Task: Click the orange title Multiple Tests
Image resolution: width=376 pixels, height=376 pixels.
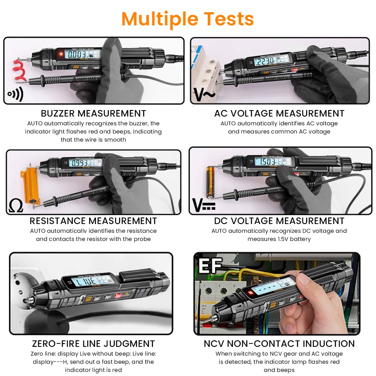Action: click(x=187, y=19)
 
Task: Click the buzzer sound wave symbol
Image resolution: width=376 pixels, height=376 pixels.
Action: click(x=15, y=94)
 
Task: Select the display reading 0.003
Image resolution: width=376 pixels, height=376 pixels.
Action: click(x=77, y=55)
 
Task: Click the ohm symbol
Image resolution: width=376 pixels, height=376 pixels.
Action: click(x=16, y=206)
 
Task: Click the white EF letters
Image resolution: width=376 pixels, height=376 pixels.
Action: click(x=210, y=266)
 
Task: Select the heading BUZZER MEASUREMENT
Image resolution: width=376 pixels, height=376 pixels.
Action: click(x=93, y=113)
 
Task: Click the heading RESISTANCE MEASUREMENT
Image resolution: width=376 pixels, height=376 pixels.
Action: click(x=93, y=221)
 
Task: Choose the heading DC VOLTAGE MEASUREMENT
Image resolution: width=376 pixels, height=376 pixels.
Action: click(x=279, y=221)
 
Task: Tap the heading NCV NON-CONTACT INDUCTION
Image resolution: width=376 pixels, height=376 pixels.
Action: click(x=279, y=344)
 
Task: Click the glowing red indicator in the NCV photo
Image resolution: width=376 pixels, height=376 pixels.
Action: click(x=250, y=294)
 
